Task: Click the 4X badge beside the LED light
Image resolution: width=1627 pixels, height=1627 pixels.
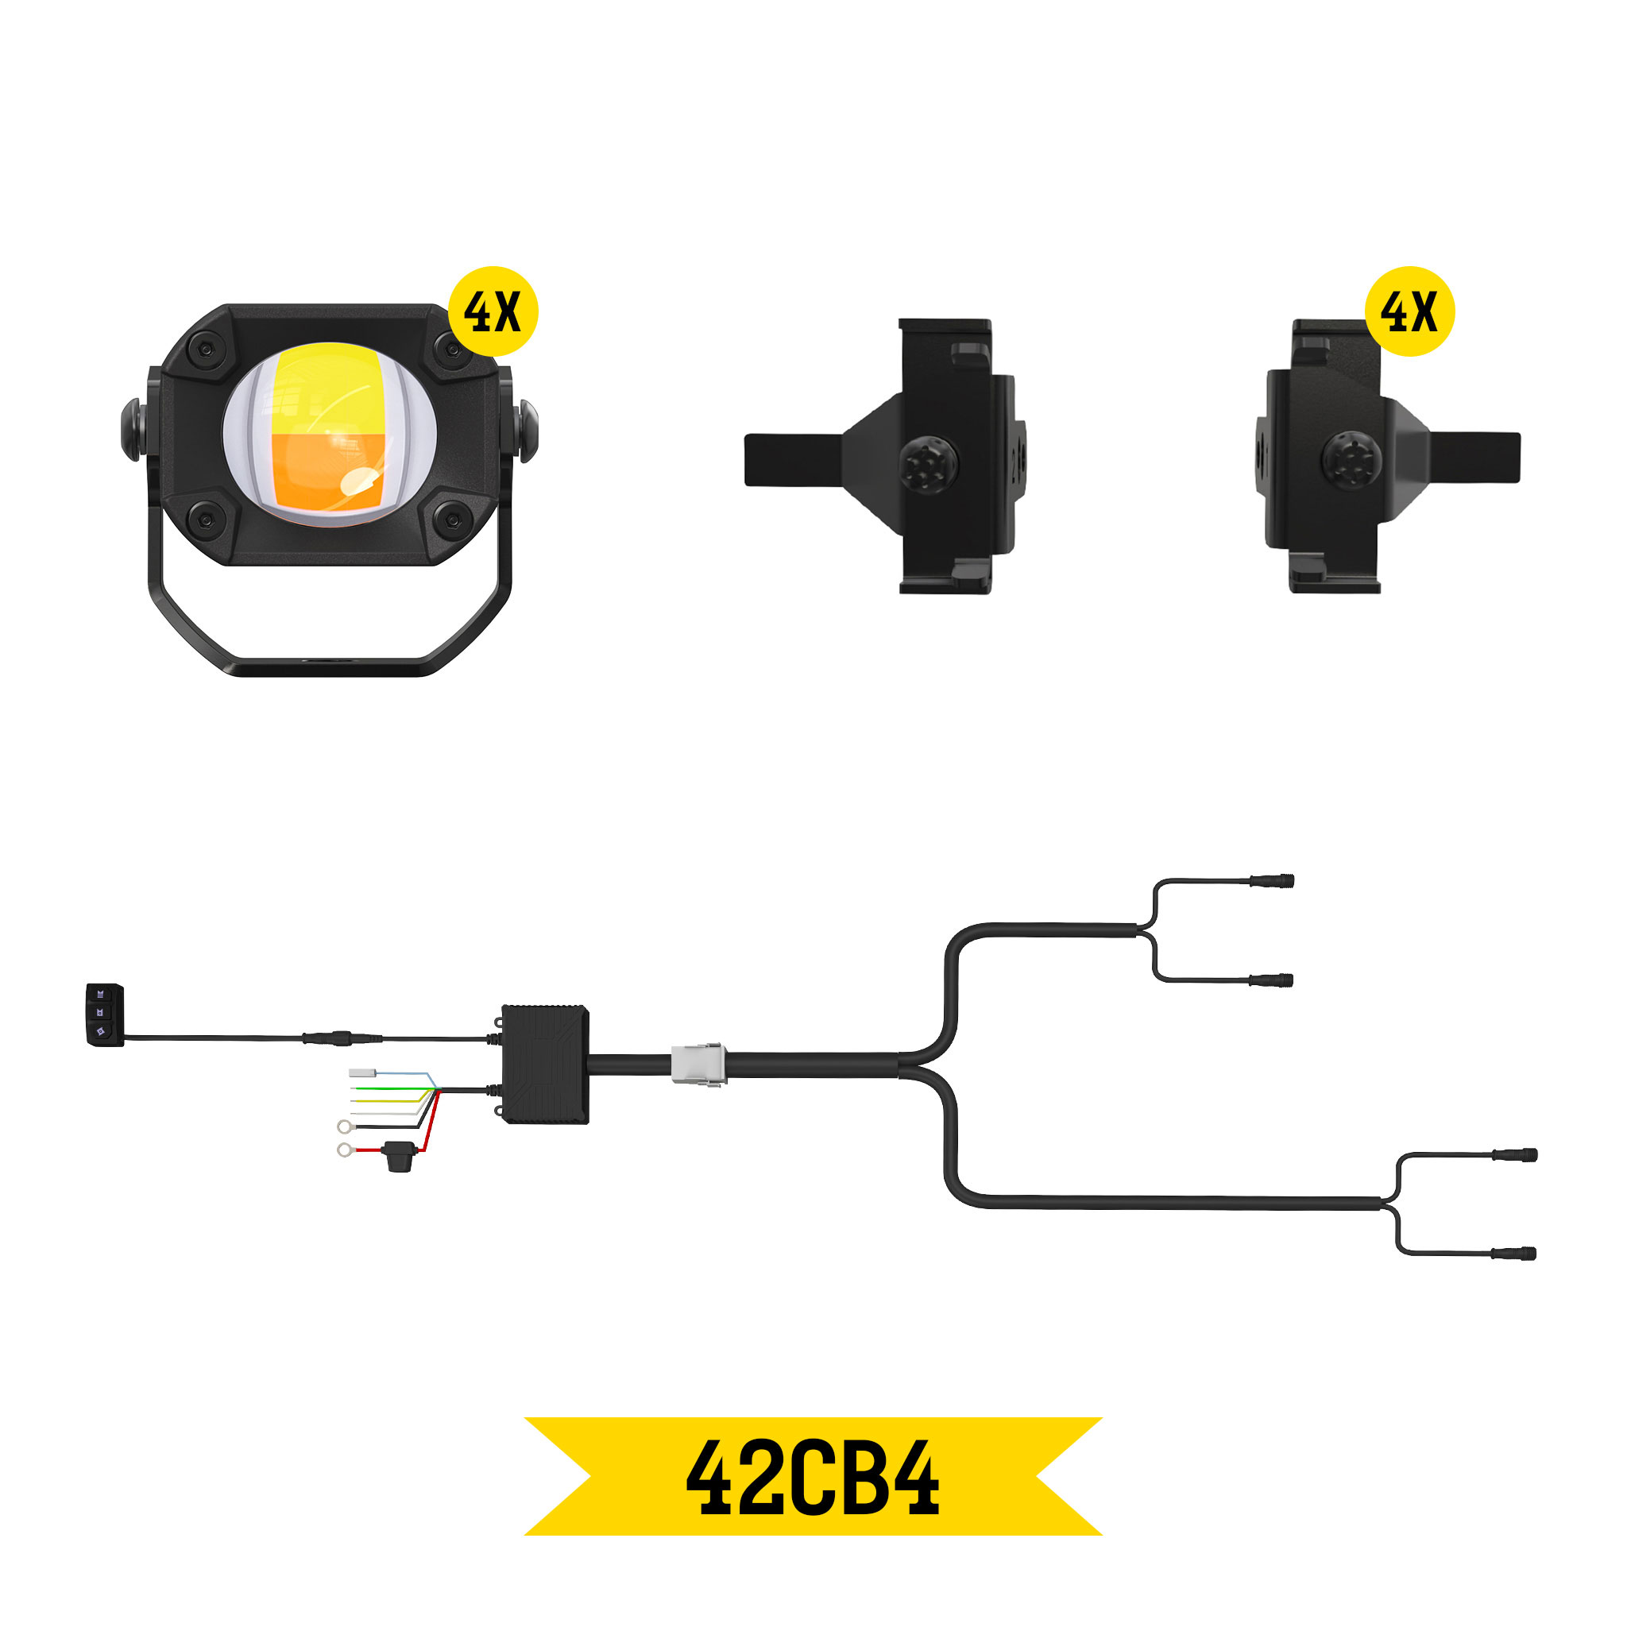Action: point(493,311)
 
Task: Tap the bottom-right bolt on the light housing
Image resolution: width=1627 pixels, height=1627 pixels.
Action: point(452,520)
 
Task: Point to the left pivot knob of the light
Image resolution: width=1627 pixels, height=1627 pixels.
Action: point(132,430)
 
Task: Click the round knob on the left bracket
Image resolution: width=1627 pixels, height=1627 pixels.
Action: point(928,464)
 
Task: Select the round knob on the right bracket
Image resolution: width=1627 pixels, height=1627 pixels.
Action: point(1351,461)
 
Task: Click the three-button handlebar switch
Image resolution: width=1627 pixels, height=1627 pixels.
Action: point(104,1014)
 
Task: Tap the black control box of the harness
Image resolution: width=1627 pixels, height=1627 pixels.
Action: point(545,1065)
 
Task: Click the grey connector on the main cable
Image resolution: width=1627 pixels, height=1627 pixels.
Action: point(698,1065)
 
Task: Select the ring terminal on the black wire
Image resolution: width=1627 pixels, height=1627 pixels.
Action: point(343,1127)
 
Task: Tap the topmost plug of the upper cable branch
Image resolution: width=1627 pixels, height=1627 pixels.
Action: point(1271,881)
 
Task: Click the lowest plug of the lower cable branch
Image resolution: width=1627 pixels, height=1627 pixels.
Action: point(1513,1254)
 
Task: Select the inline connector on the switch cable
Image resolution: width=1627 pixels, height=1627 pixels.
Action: point(341,1038)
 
